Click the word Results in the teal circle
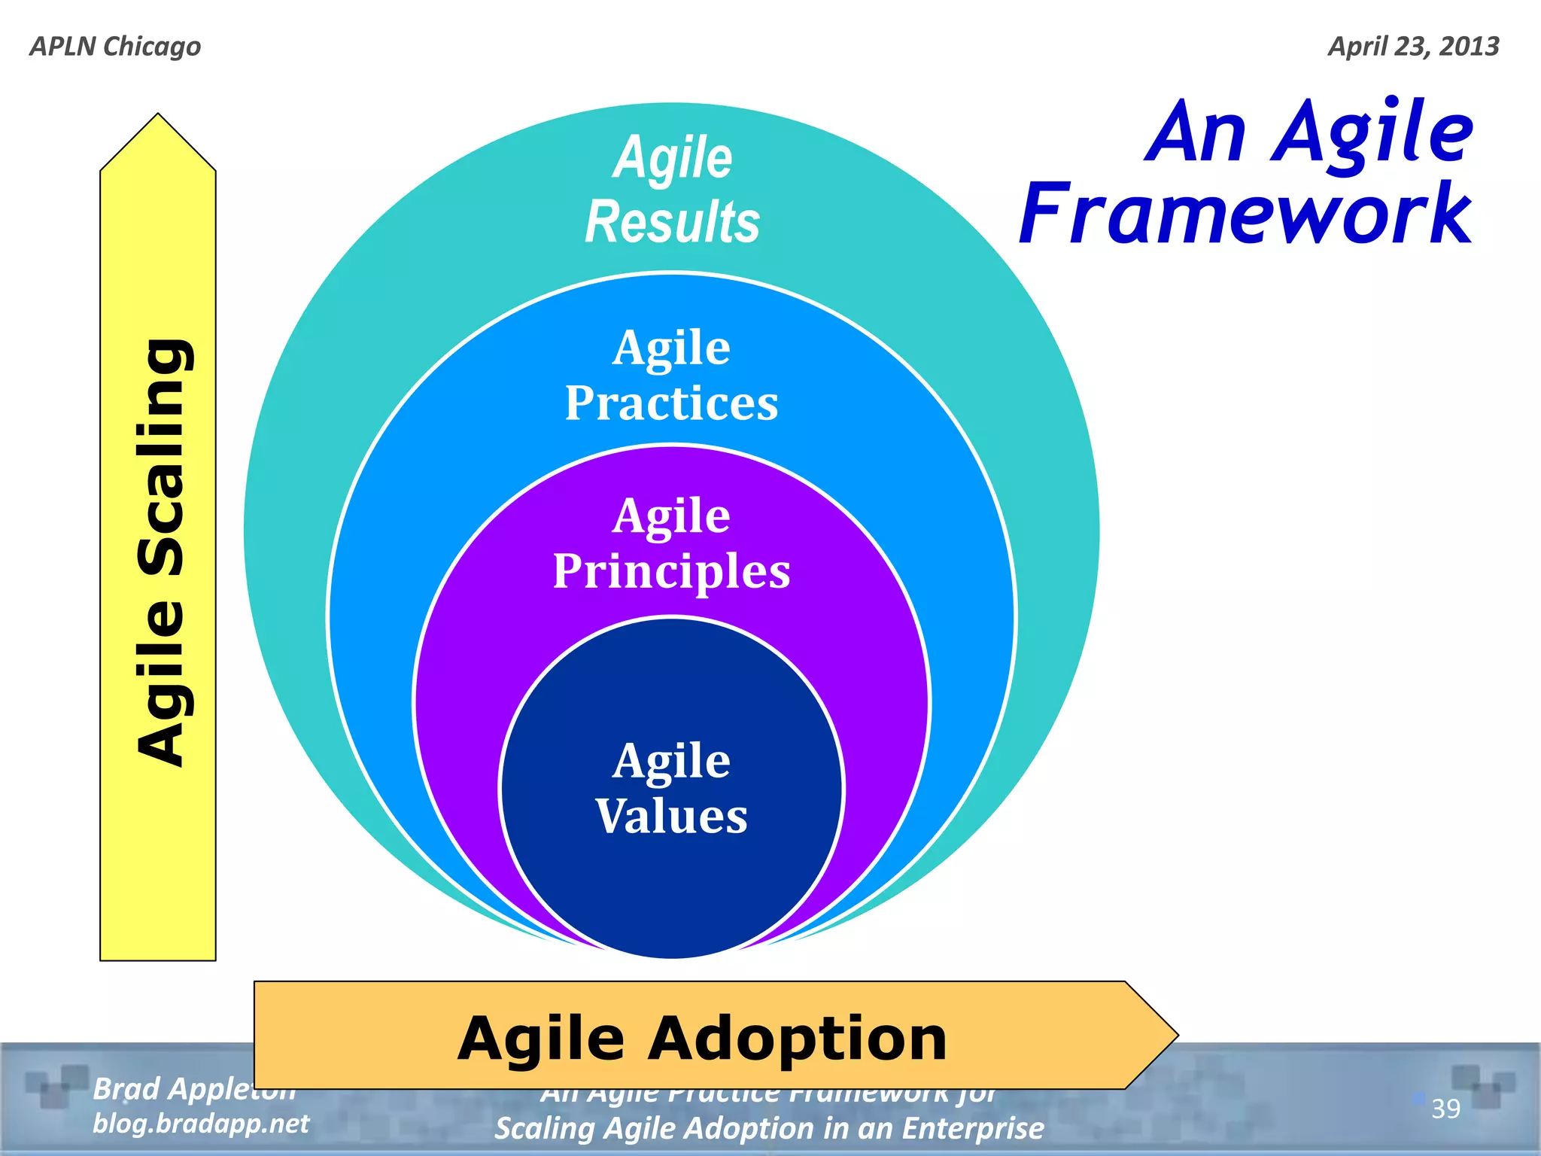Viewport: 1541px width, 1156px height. pyautogui.click(x=672, y=223)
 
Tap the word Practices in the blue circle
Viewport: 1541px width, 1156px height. pyautogui.click(x=671, y=403)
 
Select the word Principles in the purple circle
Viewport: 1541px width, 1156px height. pyautogui.click(x=671, y=571)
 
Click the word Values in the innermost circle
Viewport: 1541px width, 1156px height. pyautogui.click(x=671, y=817)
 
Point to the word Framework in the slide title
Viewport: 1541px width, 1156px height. pyautogui.click(x=1245, y=214)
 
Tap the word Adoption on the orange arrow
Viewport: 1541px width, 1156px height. pyautogui.click(x=797, y=1039)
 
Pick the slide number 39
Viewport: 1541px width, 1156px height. pyautogui.click(x=1445, y=1109)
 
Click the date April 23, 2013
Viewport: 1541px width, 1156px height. pyautogui.click(x=1413, y=47)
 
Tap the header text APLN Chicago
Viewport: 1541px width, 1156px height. pyautogui.click(x=115, y=47)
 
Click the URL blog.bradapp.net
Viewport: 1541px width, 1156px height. pyautogui.click(x=201, y=1124)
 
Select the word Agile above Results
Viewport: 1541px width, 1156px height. pyautogui.click(x=672, y=158)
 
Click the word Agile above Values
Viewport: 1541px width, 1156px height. pyautogui.click(x=671, y=761)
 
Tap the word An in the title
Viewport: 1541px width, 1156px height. pyautogui.click(x=1196, y=133)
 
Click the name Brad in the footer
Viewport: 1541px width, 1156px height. pyautogui.click(x=126, y=1089)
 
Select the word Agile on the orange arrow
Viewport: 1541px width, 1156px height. pyautogui.click(x=541, y=1039)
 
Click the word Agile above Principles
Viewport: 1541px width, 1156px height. pyautogui.click(x=671, y=516)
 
